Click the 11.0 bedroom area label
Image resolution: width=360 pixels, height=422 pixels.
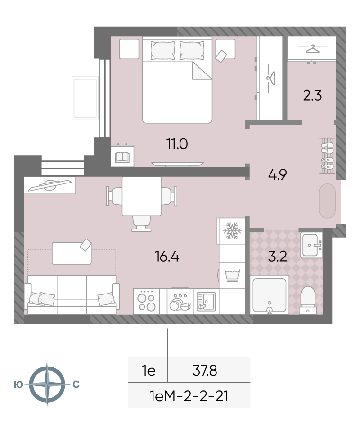coord(177,144)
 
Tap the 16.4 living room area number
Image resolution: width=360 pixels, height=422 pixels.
coord(167,256)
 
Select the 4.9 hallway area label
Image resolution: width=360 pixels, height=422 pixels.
coord(278,174)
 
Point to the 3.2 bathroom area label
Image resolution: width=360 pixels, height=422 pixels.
coord(278,257)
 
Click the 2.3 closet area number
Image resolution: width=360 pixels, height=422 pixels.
coord(313,95)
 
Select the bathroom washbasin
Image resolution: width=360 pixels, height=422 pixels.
coord(311,245)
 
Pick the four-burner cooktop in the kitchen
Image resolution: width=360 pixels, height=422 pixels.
coord(146,302)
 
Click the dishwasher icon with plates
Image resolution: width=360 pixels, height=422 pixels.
coord(180,302)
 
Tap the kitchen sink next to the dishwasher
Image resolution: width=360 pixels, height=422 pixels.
coord(206,302)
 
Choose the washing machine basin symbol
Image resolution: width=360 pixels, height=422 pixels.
coord(232,275)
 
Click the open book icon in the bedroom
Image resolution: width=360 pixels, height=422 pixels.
coord(123,157)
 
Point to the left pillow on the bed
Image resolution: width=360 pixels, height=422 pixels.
coord(162,50)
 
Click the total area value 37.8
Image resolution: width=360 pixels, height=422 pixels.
coord(205,370)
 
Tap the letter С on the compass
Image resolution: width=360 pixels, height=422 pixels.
coord(76,385)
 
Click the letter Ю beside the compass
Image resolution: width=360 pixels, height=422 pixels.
coord(18,385)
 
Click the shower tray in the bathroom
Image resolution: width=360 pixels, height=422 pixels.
coord(270,295)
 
